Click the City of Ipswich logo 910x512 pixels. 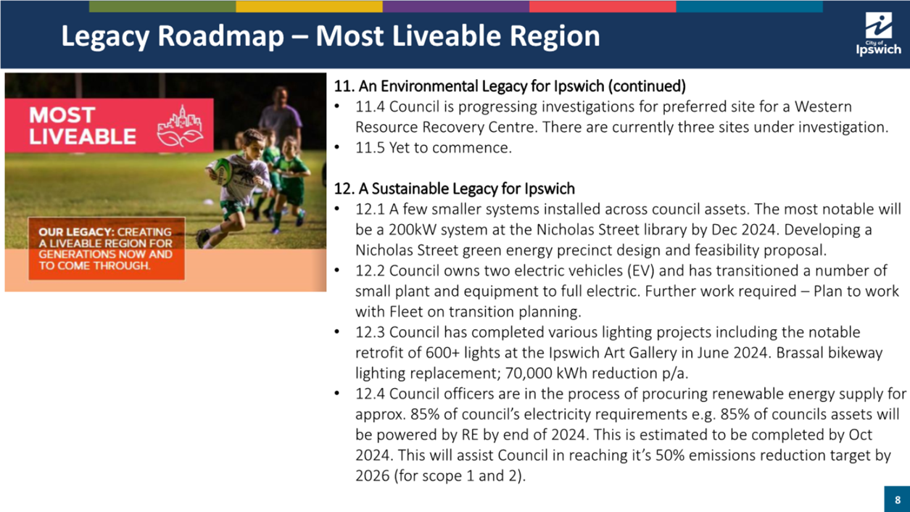coord(878,34)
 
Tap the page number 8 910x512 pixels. coord(898,500)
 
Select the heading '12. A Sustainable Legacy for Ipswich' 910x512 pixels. coord(454,189)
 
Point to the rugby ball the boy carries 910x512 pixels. coord(222,170)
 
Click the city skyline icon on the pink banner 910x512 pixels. coord(180,126)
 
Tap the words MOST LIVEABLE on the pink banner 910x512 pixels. coord(82,125)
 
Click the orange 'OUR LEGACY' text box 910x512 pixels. coord(107,249)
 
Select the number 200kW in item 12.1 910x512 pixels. coord(412,230)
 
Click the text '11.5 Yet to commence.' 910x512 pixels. coord(434,147)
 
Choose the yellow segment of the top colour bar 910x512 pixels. coord(309,7)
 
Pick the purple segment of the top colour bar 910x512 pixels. coord(456,7)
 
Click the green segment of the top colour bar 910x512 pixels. coord(162,7)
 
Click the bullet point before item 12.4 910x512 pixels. coord(336,393)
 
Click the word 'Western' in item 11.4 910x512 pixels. coord(823,107)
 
